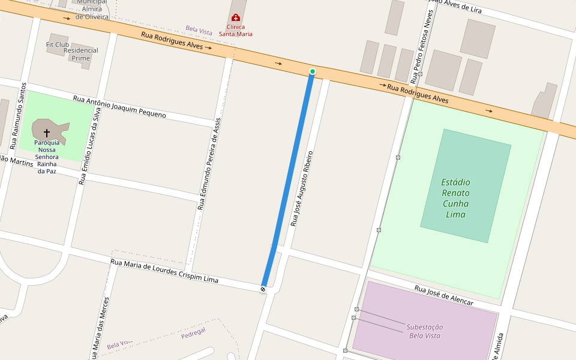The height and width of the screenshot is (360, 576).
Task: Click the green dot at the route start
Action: tap(312, 72)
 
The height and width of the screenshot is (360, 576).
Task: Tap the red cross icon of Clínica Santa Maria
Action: tap(235, 18)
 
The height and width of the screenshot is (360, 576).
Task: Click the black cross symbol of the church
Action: tap(46, 132)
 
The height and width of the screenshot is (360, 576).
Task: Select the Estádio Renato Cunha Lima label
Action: tap(455, 198)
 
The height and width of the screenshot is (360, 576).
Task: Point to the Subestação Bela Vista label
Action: tap(425, 331)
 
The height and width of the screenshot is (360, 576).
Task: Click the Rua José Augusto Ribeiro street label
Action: tap(302, 188)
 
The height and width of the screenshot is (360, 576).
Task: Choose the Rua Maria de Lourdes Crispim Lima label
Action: tap(164, 271)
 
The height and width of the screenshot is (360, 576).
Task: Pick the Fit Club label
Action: tap(58, 44)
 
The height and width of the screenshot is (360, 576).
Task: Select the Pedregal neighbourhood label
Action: tap(193, 334)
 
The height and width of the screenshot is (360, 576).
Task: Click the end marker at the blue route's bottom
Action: tap(263, 289)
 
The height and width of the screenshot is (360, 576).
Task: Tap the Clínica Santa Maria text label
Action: tap(235, 31)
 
